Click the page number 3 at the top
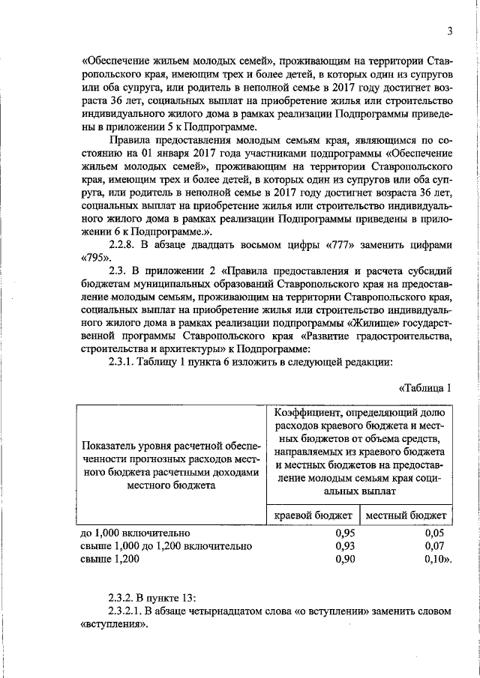(x=448, y=31)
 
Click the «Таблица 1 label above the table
(x=425, y=387)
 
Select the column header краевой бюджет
(x=313, y=515)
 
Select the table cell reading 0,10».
(x=436, y=559)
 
